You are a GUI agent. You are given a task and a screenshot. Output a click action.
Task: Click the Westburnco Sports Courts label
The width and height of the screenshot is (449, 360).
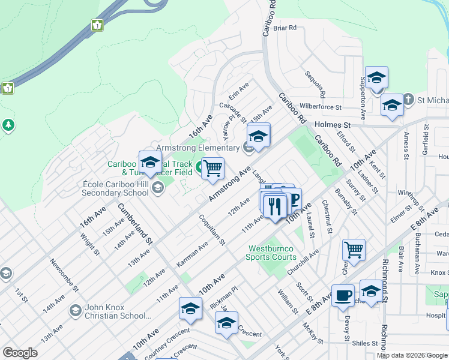271,253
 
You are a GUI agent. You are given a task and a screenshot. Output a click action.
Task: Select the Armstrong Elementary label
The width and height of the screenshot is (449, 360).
197,148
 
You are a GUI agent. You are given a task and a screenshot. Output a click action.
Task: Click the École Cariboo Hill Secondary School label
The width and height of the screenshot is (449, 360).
115,188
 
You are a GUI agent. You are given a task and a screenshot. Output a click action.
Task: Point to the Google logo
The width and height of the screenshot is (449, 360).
20,352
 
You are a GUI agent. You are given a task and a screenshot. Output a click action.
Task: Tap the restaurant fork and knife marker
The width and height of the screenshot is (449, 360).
275,206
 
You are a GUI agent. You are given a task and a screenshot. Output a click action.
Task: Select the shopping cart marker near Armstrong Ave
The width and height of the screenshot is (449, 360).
212,169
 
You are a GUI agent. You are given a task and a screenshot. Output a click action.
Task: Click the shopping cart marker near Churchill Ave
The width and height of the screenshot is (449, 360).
354,249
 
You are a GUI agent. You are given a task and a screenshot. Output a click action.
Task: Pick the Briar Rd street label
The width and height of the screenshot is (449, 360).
285,28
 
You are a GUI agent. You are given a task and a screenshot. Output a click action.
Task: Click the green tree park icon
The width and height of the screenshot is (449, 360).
8,125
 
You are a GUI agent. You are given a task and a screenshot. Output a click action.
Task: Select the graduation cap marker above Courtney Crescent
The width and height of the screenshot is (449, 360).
190,310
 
